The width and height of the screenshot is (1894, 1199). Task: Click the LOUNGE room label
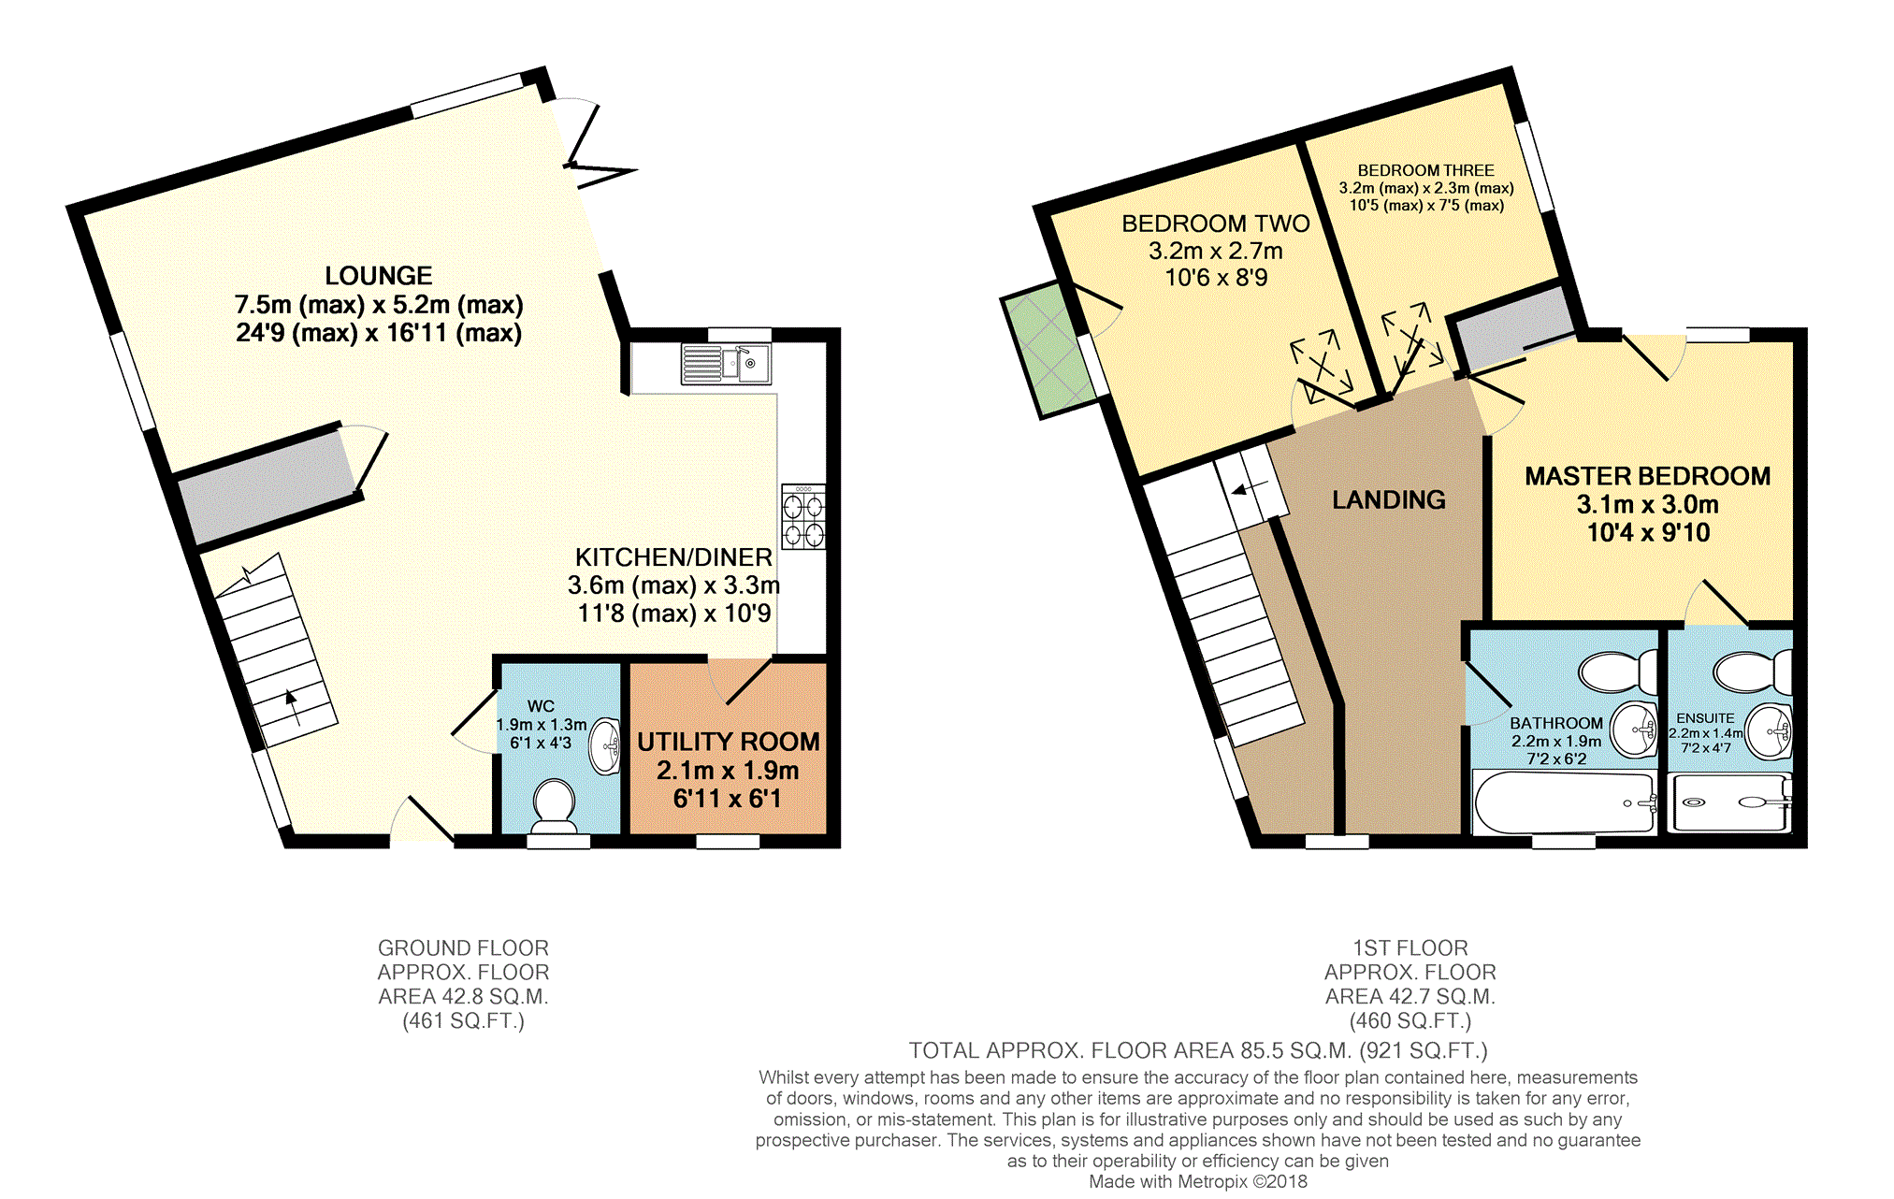(x=379, y=276)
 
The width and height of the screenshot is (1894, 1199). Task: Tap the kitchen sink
(x=726, y=364)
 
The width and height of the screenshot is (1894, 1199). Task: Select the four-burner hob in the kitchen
(x=803, y=516)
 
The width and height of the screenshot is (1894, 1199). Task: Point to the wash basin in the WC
(x=606, y=746)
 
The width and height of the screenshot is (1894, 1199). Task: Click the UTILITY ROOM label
(x=729, y=742)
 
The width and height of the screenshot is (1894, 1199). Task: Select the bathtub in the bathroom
(x=1565, y=802)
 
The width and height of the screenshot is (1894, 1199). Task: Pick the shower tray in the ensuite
(x=1730, y=802)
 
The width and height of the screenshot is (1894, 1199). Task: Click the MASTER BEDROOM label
(x=1648, y=476)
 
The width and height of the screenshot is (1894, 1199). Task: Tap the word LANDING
(x=1389, y=500)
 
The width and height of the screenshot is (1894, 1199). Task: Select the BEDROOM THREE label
(x=1426, y=170)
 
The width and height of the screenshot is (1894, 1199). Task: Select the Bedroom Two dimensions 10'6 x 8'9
(x=1216, y=278)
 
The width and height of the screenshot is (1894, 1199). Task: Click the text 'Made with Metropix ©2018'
(x=1198, y=1181)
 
